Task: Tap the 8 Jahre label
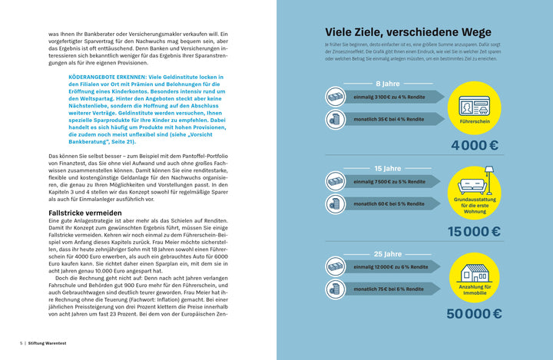click(x=387, y=84)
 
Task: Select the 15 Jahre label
click(x=387, y=168)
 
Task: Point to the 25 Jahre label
click(x=387, y=253)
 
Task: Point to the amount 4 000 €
click(x=475, y=146)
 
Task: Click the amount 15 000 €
click(x=475, y=231)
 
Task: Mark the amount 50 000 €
click(x=475, y=313)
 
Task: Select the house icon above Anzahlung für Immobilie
click(x=475, y=272)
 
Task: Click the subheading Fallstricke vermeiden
click(x=84, y=212)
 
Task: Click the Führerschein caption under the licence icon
click(x=475, y=121)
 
